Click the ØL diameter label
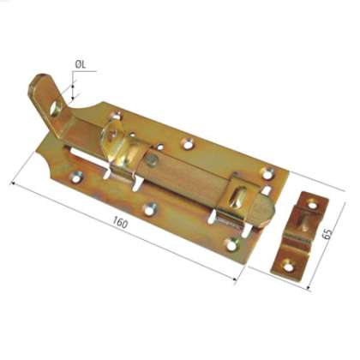tap(79, 63)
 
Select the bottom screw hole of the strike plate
tap(289, 266)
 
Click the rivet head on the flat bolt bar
tap(152, 160)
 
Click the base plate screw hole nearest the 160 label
tap(151, 207)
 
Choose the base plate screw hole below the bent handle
tap(78, 178)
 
